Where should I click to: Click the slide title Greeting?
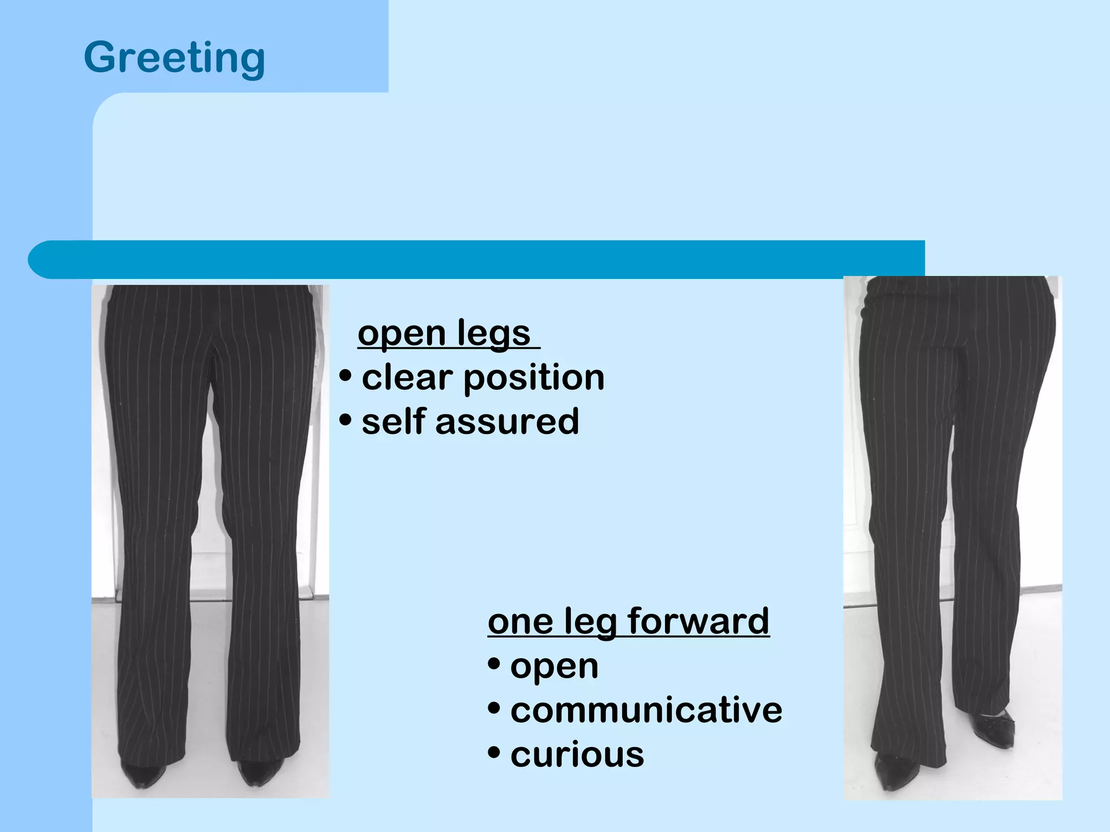(175, 57)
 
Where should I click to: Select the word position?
(534, 378)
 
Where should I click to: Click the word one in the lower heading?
(520, 622)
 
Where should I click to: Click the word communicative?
(646, 710)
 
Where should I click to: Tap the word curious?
(577, 755)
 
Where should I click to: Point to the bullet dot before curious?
(494, 752)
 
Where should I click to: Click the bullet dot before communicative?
(494, 708)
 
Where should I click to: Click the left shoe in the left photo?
(143, 775)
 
